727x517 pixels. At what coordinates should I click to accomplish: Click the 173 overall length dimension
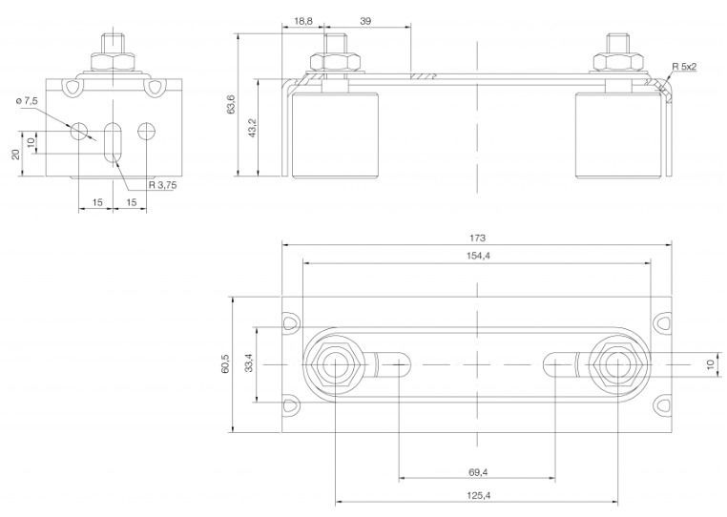click(477, 238)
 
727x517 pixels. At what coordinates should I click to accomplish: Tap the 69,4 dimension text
click(478, 472)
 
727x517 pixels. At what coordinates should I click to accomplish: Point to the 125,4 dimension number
click(479, 496)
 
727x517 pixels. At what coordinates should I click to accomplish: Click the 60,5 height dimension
click(225, 364)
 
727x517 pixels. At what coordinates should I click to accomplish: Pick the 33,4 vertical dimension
click(249, 362)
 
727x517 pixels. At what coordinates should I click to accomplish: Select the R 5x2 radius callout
click(684, 67)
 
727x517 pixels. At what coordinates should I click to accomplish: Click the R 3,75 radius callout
click(162, 184)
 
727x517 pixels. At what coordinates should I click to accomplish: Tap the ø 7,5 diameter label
click(27, 101)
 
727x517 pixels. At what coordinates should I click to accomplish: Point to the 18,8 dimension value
click(303, 21)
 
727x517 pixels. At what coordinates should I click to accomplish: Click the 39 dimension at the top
click(365, 21)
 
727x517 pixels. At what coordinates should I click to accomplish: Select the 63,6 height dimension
click(231, 104)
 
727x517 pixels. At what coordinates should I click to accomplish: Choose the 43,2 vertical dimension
click(253, 128)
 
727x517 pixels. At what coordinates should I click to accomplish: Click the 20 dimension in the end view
click(16, 154)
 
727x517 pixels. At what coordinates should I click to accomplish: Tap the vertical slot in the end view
click(113, 143)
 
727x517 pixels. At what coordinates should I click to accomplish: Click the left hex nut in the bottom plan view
click(335, 364)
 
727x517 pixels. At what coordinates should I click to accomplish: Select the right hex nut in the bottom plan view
click(617, 364)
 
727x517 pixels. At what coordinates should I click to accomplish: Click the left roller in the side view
click(335, 135)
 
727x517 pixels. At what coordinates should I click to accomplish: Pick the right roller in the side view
click(618, 135)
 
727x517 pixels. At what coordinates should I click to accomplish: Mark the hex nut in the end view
click(114, 62)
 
